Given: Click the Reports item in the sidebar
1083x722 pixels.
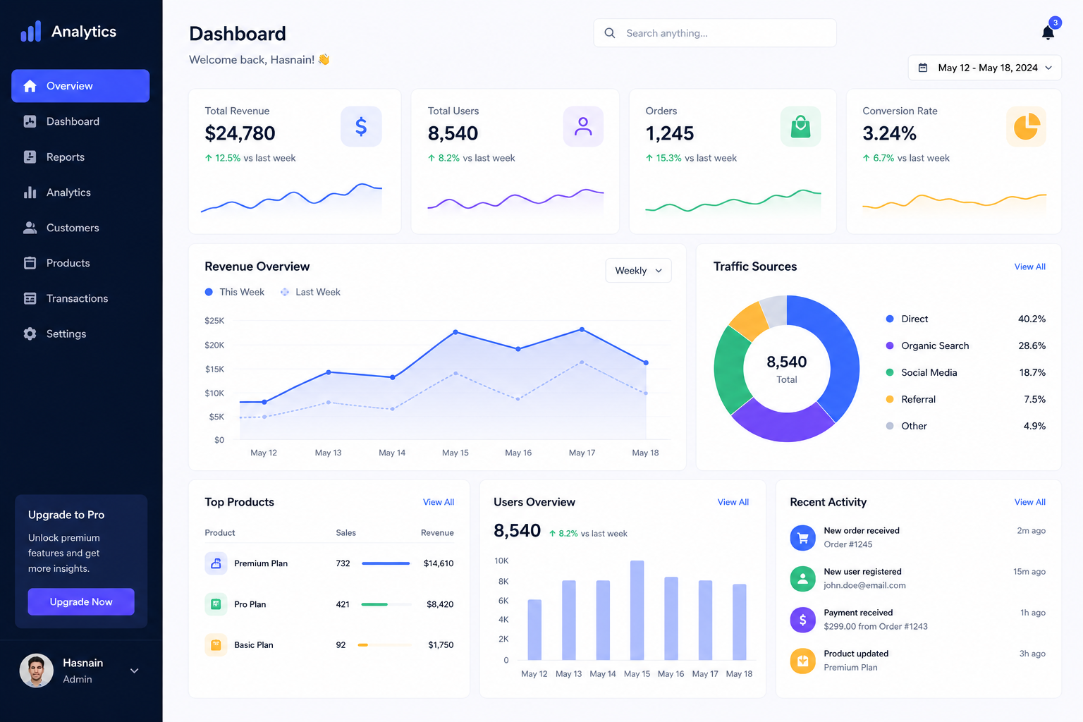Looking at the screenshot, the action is click(65, 157).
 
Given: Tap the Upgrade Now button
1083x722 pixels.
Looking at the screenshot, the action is click(81, 601).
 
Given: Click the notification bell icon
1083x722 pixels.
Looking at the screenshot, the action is click(1048, 32).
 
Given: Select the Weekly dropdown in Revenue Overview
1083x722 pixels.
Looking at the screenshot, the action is click(638, 270).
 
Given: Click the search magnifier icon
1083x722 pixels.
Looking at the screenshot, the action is click(610, 33).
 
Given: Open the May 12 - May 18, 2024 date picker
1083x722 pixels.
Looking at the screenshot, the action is click(984, 68).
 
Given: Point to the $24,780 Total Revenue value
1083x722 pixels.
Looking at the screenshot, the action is click(240, 133).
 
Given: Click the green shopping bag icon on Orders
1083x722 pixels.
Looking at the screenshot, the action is click(800, 127).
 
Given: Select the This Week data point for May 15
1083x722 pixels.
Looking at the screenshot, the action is click(455, 332).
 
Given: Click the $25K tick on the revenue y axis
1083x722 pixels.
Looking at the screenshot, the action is click(214, 321).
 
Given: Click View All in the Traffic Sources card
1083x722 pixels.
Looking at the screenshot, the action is click(1030, 267).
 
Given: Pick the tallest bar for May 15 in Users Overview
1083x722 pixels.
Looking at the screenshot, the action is click(637, 611).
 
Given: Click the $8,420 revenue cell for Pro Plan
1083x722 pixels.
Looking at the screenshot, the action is click(440, 604).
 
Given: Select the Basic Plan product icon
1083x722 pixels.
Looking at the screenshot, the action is click(216, 644).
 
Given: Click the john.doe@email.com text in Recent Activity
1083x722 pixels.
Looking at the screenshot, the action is click(864, 585).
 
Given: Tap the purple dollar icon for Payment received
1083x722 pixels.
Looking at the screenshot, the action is click(802, 620).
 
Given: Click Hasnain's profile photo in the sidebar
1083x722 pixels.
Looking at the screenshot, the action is click(36, 671).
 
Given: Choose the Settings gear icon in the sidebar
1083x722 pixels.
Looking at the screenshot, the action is click(30, 334).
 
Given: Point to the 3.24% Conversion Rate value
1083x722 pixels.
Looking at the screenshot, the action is click(889, 133).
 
